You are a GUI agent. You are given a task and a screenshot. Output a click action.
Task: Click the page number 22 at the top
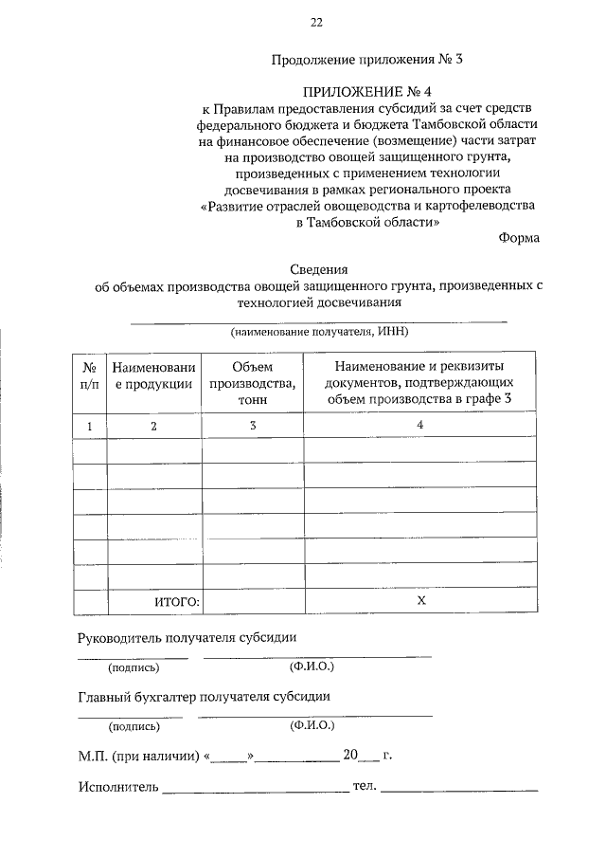click(316, 22)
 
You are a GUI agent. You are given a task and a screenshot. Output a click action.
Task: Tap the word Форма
click(519, 238)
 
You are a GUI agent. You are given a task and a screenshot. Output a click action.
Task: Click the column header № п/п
click(90, 375)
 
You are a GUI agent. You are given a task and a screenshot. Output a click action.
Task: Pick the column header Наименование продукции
click(153, 375)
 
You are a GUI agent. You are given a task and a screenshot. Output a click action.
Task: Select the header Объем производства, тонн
click(252, 384)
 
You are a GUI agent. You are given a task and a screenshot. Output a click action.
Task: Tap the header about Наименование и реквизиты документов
click(419, 384)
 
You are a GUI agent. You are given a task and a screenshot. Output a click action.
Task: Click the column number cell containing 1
click(90, 427)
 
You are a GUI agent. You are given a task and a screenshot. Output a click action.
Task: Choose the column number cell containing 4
click(419, 427)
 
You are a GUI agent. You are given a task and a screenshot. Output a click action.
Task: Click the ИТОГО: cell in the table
click(177, 601)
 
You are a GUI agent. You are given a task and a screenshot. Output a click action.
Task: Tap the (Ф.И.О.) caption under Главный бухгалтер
click(312, 726)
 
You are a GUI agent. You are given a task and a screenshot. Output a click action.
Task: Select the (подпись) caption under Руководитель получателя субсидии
click(134, 667)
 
